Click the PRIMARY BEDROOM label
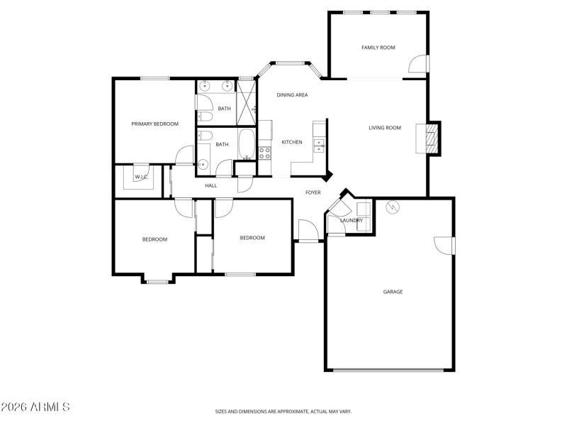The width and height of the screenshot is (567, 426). [155, 124]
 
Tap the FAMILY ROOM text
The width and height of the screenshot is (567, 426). [378, 48]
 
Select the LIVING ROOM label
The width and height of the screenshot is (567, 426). [385, 128]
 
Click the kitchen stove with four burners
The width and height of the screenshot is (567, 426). [264, 151]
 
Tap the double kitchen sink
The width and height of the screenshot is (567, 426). [319, 146]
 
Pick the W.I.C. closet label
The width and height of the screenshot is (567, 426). [140, 177]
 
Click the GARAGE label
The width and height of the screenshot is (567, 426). [393, 291]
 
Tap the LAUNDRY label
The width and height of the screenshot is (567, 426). [352, 220]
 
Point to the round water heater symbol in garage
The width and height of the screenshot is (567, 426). [391, 208]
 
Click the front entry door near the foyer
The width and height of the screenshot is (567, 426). [308, 231]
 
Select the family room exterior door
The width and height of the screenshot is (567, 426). [419, 65]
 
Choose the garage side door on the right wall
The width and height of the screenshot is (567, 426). [444, 244]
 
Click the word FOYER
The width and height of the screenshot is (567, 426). [313, 192]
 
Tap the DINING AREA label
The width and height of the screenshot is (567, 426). [292, 94]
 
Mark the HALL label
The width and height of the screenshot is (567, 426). [210, 185]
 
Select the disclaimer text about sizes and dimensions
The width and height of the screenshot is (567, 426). [283, 411]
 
